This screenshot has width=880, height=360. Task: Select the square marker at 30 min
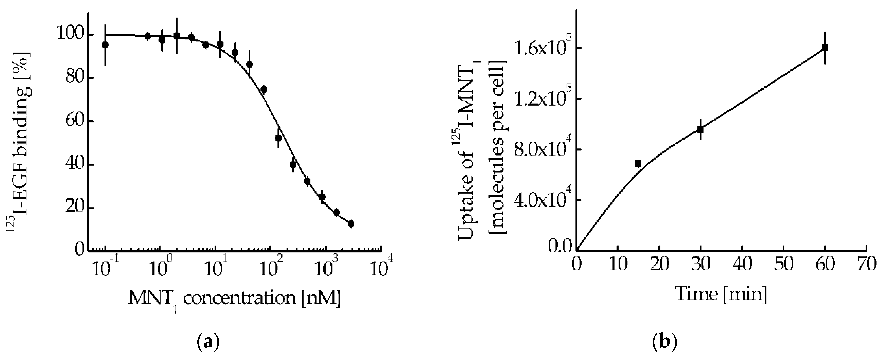click(701, 129)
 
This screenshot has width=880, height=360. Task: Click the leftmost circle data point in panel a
click(105, 45)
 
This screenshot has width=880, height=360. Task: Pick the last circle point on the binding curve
click(351, 224)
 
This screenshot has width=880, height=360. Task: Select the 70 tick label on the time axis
click(866, 265)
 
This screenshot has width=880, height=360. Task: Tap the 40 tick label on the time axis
click(742, 265)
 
